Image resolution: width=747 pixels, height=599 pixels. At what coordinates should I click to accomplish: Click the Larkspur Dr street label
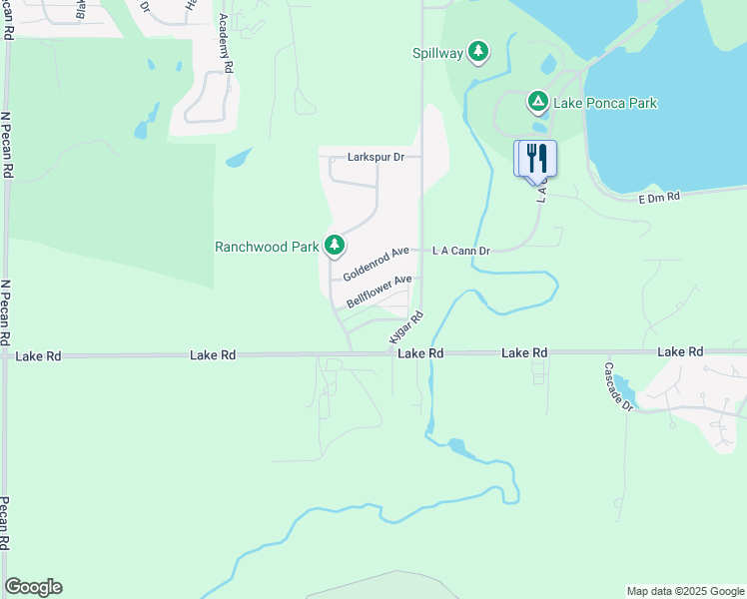[375, 157]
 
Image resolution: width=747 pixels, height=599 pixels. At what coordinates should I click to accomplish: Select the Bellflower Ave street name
[379, 293]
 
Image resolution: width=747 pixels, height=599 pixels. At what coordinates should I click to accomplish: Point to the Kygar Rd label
[406, 329]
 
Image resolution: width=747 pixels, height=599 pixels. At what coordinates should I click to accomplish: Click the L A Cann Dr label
[460, 251]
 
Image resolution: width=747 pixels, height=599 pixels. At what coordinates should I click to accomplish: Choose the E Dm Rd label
[659, 198]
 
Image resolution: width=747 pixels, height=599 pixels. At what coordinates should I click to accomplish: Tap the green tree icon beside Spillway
[479, 51]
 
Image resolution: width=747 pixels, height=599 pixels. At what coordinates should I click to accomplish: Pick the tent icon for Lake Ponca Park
[537, 101]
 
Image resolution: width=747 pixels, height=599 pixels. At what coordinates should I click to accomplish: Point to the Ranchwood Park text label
[266, 247]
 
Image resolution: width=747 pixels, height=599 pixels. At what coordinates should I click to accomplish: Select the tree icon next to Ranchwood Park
[334, 245]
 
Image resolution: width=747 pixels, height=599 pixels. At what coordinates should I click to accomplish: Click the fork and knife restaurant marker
[535, 158]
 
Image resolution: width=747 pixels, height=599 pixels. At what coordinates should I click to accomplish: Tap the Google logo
[33, 587]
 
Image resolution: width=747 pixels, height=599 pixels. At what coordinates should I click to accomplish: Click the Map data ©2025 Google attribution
[685, 591]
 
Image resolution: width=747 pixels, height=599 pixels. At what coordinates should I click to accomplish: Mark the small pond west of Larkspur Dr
[239, 158]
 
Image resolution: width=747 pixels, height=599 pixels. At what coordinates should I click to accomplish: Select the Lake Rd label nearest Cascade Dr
[680, 351]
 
